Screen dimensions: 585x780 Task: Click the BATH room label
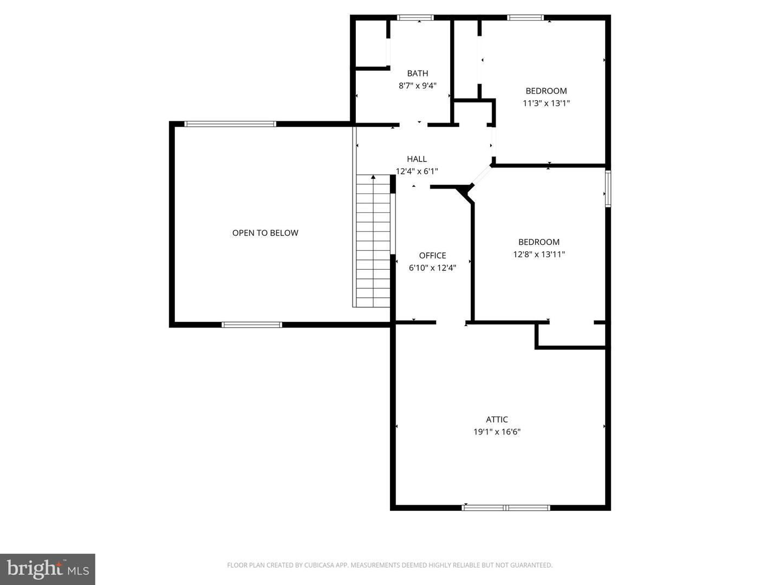coord(418,74)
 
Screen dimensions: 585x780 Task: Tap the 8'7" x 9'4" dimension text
coord(418,86)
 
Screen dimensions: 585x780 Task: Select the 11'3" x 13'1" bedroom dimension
coord(546,103)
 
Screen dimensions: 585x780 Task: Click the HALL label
coord(417,159)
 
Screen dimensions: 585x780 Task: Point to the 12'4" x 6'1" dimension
coord(417,171)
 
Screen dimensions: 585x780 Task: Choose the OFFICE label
coord(433,256)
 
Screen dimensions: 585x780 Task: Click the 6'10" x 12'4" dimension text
coord(433,268)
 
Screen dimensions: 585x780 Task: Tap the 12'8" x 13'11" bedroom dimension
coord(539,254)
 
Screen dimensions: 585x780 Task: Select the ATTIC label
coord(497,420)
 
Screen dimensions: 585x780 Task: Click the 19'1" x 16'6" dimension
coord(497,432)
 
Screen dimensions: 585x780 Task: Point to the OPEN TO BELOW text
coord(265,233)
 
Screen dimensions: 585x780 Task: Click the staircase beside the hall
coord(373,244)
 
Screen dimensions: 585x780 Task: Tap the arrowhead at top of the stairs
coord(373,177)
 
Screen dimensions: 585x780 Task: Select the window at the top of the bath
coord(415,18)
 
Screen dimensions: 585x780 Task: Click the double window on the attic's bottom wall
coord(506,508)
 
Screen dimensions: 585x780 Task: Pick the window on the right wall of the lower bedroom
coord(608,188)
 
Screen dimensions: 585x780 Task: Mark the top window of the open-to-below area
coord(230,124)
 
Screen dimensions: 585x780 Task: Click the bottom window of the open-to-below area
coord(252,325)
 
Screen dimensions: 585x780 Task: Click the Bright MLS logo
coord(48,569)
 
